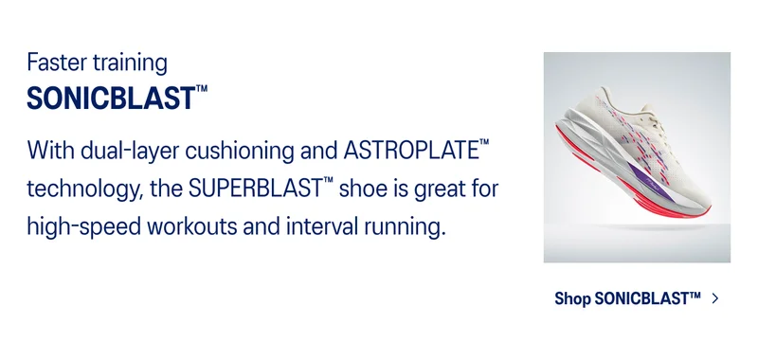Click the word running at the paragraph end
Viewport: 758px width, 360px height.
click(399, 228)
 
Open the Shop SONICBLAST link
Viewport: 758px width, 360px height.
click(627, 299)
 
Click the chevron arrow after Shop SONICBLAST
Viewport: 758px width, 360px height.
click(714, 299)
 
